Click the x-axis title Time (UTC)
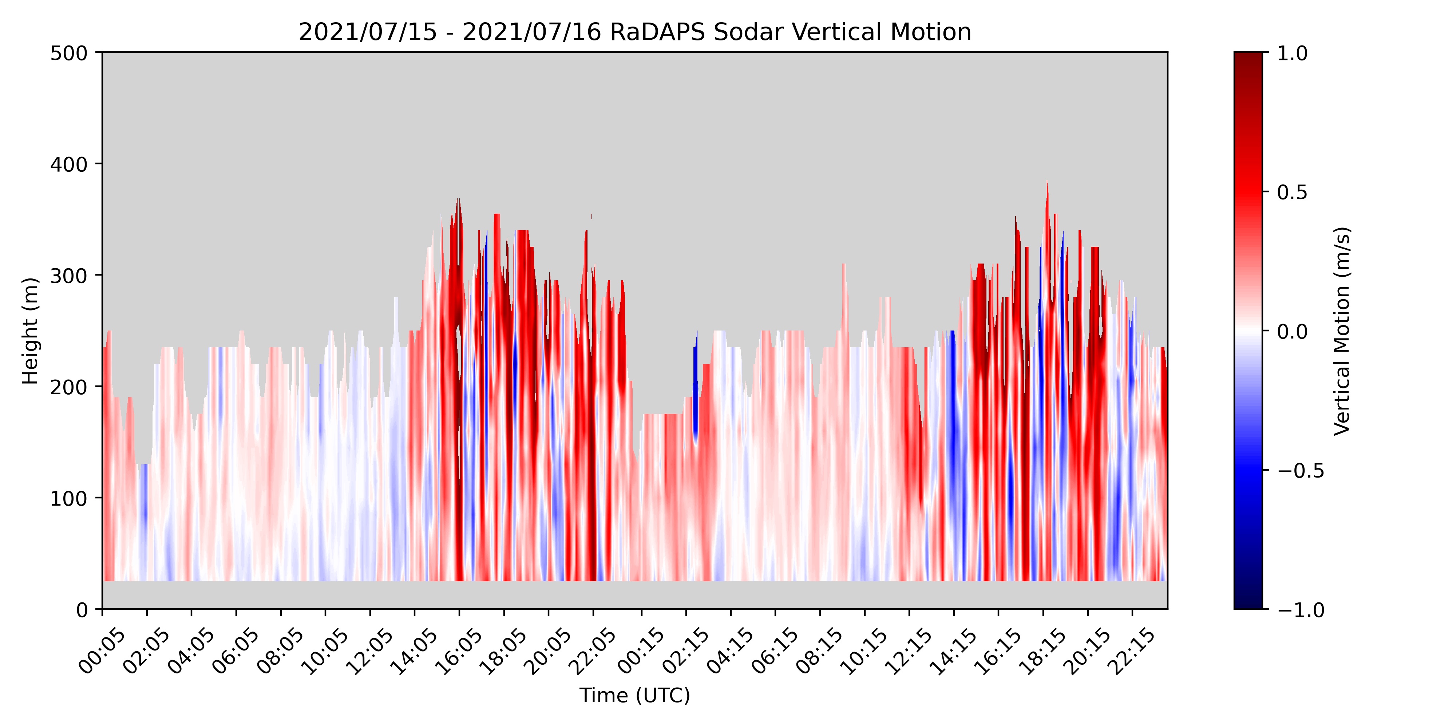(x=635, y=695)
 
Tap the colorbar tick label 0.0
(x=1292, y=331)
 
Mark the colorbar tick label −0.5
(x=1300, y=470)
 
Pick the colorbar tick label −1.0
(x=1300, y=609)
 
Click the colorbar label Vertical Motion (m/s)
(x=1342, y=331)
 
